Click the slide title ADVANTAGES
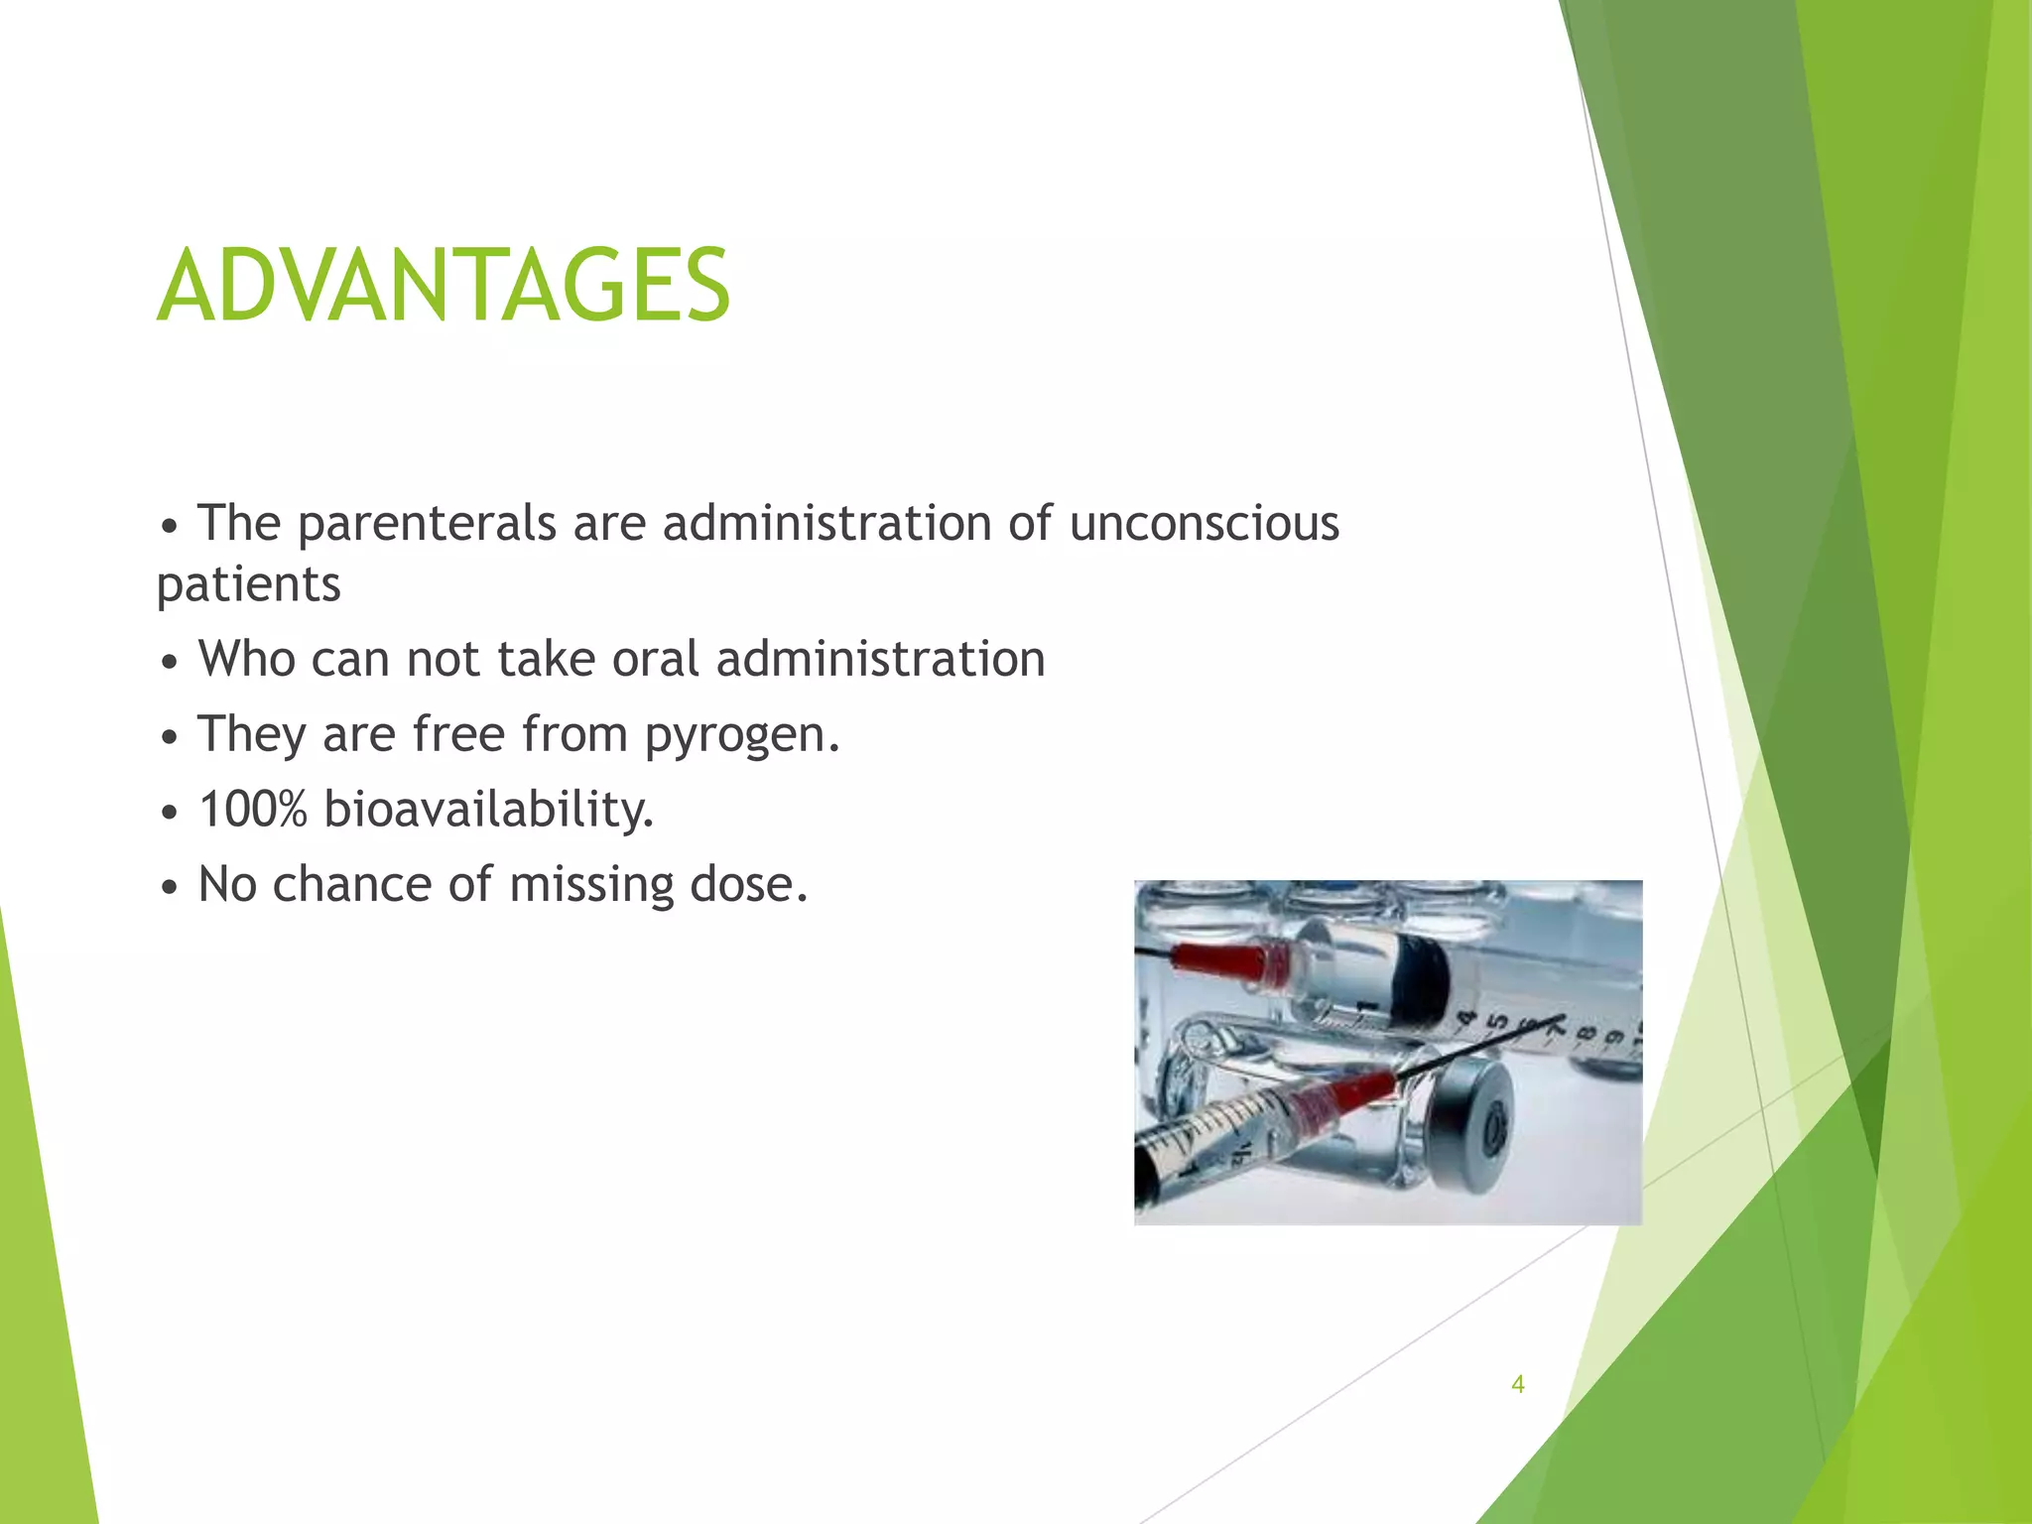click(444, 286)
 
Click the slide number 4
click(1517, 1384)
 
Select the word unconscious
click(1204, 523)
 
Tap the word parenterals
click(427, 525)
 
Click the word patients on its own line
click(248, 585)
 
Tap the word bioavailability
click(488, 811)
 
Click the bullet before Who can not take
click(171, 662)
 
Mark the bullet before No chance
click(171, 887)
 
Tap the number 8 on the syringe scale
click(1585, 1033)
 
